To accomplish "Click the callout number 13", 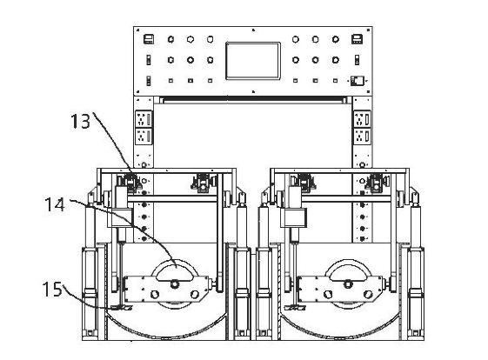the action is pos(80,121).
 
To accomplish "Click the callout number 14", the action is pos(55,204).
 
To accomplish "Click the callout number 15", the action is pos(52,289).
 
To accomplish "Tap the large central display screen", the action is pos(253,61).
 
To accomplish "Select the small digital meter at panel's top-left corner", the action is pos(149,39).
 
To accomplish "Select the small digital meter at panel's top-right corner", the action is pos(357,39).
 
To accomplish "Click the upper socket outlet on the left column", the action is pos(144,119).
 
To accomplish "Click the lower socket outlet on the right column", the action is pos(362,137).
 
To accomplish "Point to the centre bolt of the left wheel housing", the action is pos(174,283).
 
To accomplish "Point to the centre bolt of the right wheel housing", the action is pos(348,283).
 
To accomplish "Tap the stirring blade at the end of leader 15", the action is pos(122,308).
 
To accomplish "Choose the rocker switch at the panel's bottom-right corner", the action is pos(357,81).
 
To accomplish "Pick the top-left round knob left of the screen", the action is pos(170,39).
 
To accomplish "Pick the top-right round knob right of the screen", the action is pos(335,39).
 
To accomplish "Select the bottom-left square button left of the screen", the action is pos(170,81).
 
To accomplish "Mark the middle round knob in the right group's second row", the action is pos(315,60).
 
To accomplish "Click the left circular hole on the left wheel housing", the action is pos(155,294).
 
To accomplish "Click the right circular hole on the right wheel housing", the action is pos(368,294).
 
